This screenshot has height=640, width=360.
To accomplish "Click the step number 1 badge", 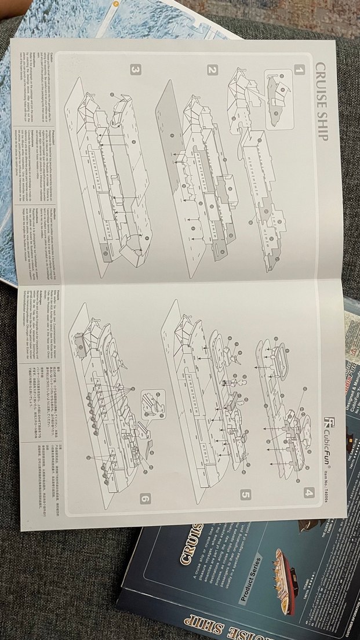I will [299, 70].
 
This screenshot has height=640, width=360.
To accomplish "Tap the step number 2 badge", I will [212, 70].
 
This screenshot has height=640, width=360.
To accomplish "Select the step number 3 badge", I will [135, 70].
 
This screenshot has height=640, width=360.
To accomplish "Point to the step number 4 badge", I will [307, 494].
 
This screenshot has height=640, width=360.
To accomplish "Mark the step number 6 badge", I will [145, 497].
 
